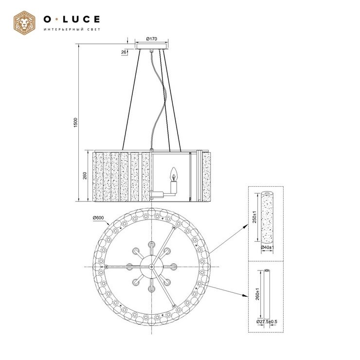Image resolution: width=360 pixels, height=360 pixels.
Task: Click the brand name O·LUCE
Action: (x=72, y=19)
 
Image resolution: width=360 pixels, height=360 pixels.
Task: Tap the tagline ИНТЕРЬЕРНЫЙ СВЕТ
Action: (x=72, y=30)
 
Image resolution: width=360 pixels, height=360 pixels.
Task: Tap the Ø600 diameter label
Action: (x=100, y=217)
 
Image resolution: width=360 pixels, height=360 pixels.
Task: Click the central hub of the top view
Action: (x=152, y=267)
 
